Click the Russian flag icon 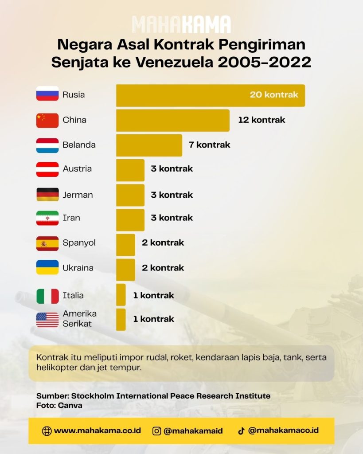pyautogui.click(x=47, y=94)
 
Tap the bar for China pyautogui.click(x=173, y=121)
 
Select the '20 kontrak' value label pyautogui.click(x=274, y=95)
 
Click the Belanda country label pyautogui.click(x=79, y=145)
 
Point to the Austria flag pyautogui.click(x=47, y=169)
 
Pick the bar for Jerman pyautogui.click(x=130, y=195)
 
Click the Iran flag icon pyautogui.click(x=47, y=218)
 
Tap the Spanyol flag pyautogui.click(x=47, y=243)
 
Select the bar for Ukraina pyautogui.click(x=125, y=270)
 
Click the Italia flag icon pyautogui.click(x=47, y=296)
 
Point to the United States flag pyautogui.click(x=47, y=320)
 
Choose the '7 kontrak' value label pyautogui.click(x=210, y=145)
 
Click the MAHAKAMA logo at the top pyautogui.click(x=182, y=24)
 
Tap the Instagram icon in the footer pyautogui.click(x=156, y=431)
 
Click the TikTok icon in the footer pyautogui.click(x=241, y=431)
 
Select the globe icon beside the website pyautogui.click(x=47, y=431)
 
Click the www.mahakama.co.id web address pyautogui.click(x=98, y=431)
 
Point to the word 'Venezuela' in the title pyautogui.click(x=174, y=62)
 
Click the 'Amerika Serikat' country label pyautogui.click(x=80, y=318)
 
